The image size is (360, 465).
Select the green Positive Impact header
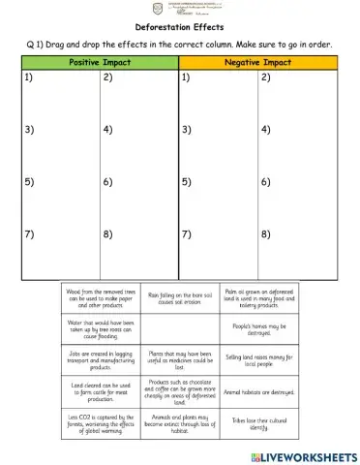(x=100, y=62)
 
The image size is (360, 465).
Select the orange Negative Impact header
(x=259, y=62)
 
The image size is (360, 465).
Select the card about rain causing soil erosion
(x=180, y=295)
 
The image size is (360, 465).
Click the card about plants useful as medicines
(x=180, y=359)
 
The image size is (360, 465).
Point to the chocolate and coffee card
(x=180, y=391)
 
